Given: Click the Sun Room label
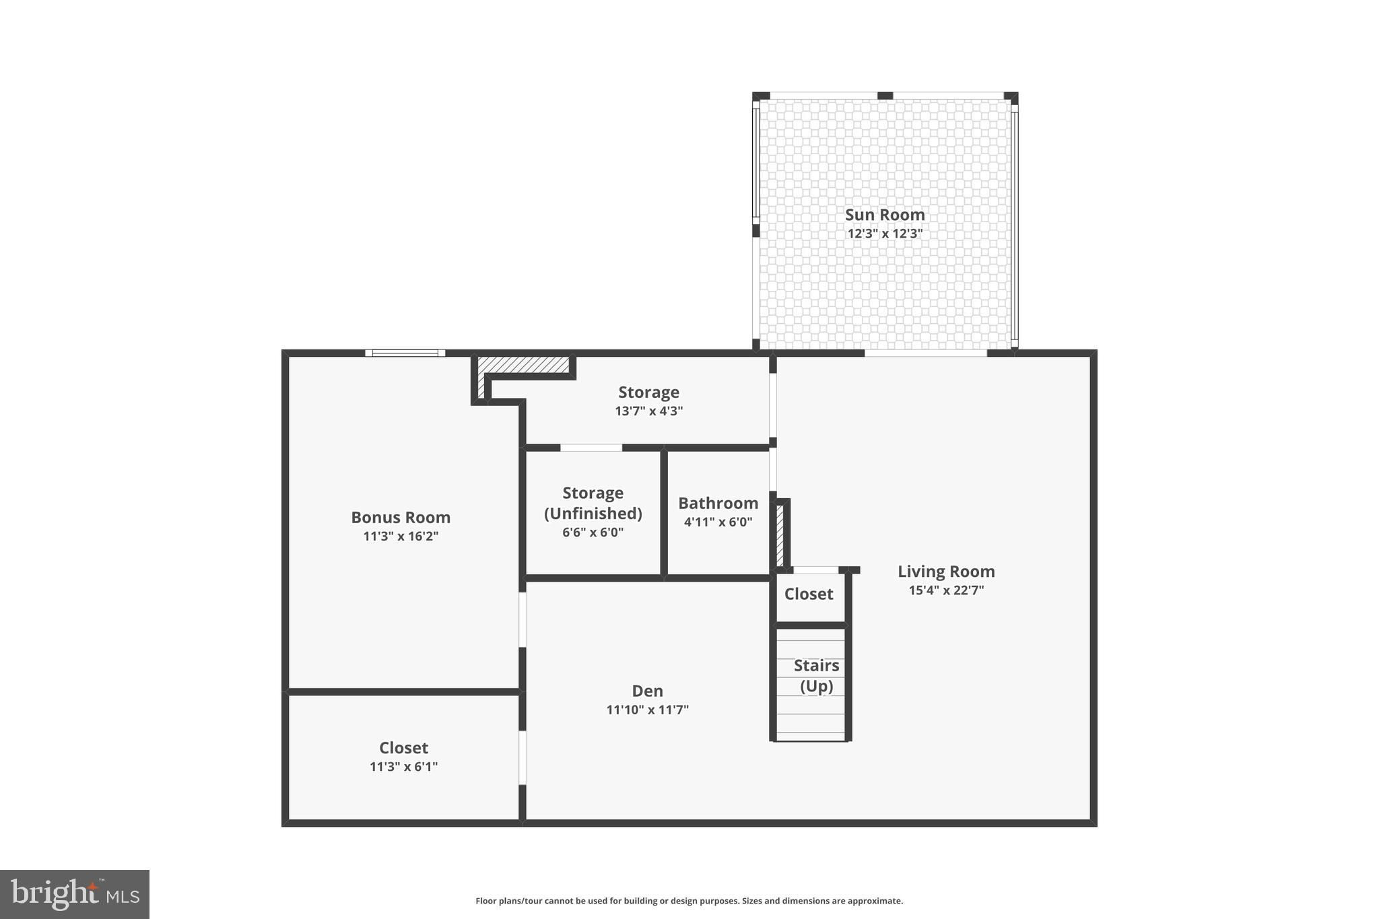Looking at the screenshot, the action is coord(885,215).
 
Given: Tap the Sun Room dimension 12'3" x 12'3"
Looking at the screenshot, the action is coord(885,234).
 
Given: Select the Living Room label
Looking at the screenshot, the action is coord(946,572).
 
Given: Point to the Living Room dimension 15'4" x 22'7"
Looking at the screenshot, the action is coord(946,590).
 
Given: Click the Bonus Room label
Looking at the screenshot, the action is coord(401,518).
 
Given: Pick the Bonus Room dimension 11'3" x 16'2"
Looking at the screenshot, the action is coord(401,537).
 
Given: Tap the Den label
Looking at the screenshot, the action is coord(648,691).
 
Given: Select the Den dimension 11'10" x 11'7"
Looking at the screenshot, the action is coord(648,710).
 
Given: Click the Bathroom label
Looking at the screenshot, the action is coord(718,503).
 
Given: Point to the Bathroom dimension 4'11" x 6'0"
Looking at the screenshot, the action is coord(718,522).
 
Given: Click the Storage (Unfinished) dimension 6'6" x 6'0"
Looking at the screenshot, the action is coord(593,533).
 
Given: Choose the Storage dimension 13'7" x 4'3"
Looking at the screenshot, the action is coord(649,411).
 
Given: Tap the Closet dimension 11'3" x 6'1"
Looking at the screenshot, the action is coord(404,767).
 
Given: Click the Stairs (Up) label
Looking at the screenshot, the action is coord(817,676).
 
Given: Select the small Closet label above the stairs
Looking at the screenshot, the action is coord(809,594).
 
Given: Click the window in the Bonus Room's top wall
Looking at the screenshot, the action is coord(405,353).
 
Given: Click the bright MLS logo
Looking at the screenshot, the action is coord(75,895).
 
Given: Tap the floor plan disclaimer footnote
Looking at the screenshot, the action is coord(689,901).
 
